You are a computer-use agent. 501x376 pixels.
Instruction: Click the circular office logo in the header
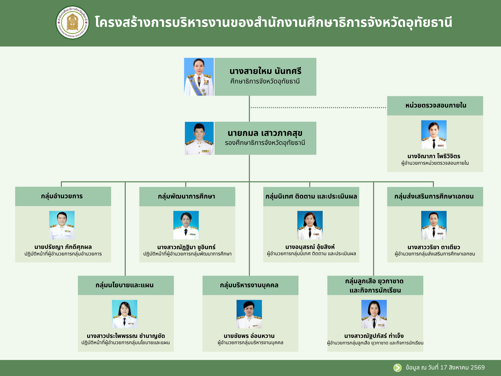(x=72, y=23)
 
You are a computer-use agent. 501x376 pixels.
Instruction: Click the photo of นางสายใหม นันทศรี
(x=199, y=77)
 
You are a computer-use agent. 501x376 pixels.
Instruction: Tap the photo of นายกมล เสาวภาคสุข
(x=199, y=138)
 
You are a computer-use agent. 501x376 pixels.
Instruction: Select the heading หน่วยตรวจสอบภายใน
(x=436, y=105)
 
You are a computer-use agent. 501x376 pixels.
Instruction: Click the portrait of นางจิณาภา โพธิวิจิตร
(x=434, y=135)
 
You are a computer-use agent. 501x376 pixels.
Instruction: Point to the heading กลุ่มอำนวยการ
(x=62, y=196)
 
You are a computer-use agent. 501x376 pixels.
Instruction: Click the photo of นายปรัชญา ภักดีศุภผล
(x=62, y=225)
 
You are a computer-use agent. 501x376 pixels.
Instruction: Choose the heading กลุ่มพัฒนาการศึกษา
(x=186, y=196)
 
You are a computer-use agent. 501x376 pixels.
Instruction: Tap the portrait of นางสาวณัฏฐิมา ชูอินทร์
(x=186, y=225)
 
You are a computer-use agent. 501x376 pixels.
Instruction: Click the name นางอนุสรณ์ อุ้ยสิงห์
(x=310, y=247)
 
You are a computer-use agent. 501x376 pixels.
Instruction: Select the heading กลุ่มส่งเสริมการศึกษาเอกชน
(x=434, y=196)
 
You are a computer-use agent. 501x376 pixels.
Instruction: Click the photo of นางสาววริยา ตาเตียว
(x=434, y=225)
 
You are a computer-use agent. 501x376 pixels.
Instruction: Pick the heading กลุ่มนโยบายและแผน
(x=124, y=285)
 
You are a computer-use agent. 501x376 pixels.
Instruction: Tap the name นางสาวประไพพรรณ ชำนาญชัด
(x=126, y=336)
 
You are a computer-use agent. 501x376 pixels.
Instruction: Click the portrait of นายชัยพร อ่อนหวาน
(x=249, y=314)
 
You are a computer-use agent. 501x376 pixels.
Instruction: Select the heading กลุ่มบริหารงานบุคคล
(x=249, y=285)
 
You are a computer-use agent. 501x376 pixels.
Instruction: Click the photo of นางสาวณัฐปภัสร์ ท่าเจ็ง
(x=374, y=314)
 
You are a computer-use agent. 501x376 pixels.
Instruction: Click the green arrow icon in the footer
(x=397, y=368)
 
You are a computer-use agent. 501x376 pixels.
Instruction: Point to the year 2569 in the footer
(x=477, y=367)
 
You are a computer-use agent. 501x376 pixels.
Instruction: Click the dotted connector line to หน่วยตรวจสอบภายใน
(x=318, y=108)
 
